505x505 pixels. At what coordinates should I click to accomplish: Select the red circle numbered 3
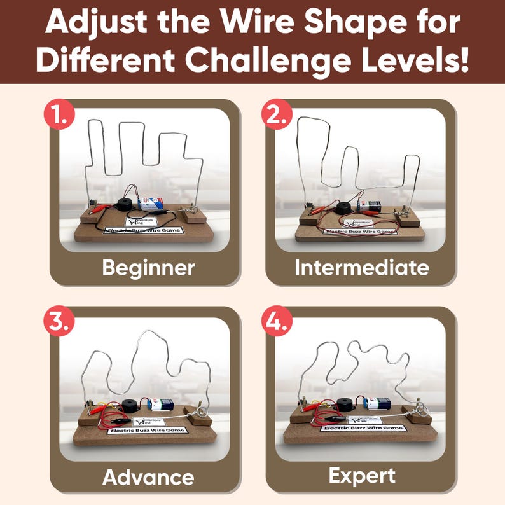point(60,322)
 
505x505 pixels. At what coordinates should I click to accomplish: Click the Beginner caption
point(148,268)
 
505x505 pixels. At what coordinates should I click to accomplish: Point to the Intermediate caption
point(361,268)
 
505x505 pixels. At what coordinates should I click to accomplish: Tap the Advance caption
point(148,476)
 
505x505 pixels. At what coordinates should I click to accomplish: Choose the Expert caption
point(361,475)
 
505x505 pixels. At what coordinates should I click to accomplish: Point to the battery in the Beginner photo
point(151,204)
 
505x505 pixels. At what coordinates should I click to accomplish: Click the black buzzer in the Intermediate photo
point(344,208)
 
